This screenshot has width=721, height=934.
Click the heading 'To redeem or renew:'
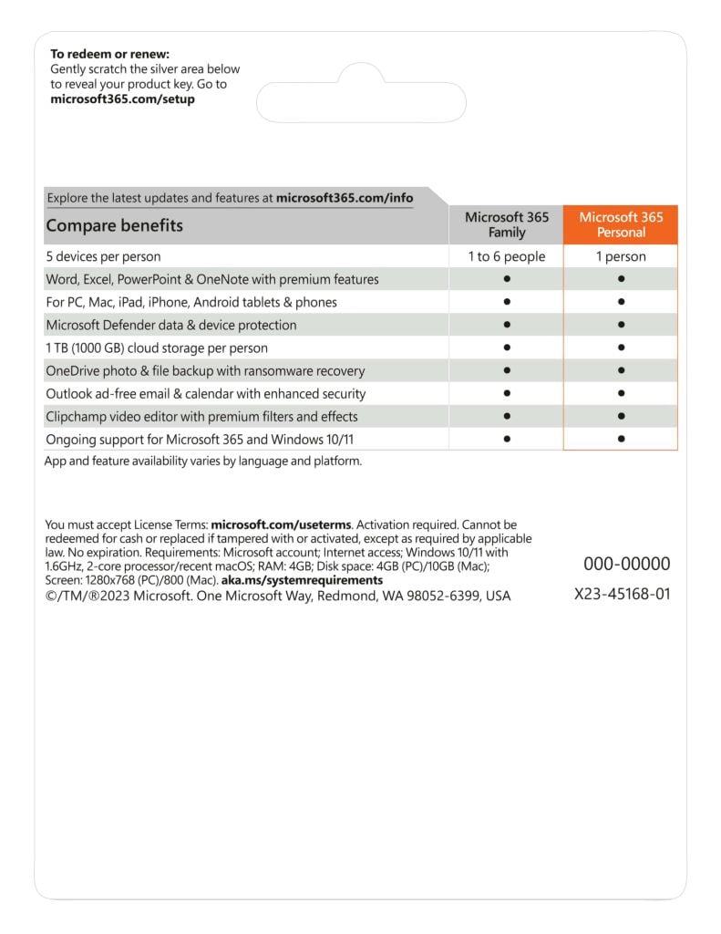(109, 54)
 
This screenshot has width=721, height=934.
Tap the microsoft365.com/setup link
(122, 99)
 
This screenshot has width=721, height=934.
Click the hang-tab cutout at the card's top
(361, 91)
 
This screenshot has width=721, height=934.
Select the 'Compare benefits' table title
(114, 225)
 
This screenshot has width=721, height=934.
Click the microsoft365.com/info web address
(344, 197)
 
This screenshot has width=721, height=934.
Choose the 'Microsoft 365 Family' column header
(507, 224)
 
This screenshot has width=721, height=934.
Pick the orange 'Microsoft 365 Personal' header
(621, 224)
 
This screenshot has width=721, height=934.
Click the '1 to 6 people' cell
(507, 256)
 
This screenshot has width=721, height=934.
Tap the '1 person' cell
(621, 256)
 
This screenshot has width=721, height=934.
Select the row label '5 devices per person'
(103, 256)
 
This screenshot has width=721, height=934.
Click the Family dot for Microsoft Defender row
(507, 325)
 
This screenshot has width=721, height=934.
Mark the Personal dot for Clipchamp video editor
(621, 416)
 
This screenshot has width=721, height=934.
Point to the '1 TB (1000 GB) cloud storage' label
(156, 348)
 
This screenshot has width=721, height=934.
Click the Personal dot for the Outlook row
(621, 393)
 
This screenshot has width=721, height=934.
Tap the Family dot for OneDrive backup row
(507, 370)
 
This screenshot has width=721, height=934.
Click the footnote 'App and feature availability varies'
(203, 461)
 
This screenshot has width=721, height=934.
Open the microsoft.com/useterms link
(282, 525)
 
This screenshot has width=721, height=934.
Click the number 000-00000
(626, 564)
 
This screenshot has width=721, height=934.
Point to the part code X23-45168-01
(623, 594)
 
